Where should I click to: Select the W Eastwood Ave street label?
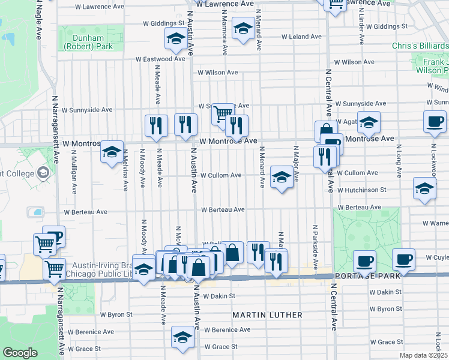click(160, 59)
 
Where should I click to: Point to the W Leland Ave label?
click(302, 37)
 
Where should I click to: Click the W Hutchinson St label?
click(361, 190)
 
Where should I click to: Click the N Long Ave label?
click(398, 163)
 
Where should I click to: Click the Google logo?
click(19, 353)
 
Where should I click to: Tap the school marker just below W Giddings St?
click(175, 40)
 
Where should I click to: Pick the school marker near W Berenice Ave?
click(182, 337)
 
